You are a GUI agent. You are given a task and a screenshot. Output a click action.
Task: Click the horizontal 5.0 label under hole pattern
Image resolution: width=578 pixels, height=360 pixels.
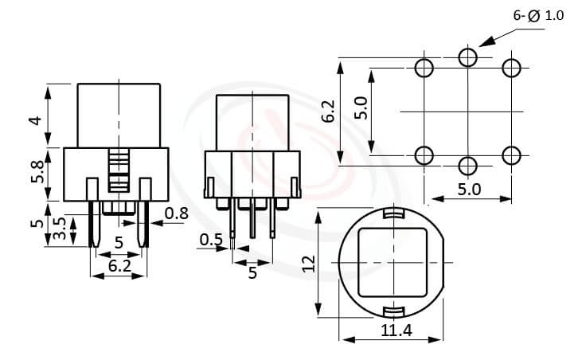click(469, 189)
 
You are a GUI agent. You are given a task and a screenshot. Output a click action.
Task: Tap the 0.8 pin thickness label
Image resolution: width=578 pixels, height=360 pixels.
click(177, 212)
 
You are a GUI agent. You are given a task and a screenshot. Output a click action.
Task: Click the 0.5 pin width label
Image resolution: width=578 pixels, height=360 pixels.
click(211, 239)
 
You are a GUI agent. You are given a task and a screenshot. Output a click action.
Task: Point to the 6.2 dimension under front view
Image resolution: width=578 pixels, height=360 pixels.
click(119, 266)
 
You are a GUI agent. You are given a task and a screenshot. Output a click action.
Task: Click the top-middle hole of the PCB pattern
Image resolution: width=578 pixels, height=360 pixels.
click(468, 57)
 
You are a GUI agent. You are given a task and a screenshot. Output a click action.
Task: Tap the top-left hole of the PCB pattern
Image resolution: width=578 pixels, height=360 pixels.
click(425, 67)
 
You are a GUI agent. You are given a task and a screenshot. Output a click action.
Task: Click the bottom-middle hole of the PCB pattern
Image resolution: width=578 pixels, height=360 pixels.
click(468, 165)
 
